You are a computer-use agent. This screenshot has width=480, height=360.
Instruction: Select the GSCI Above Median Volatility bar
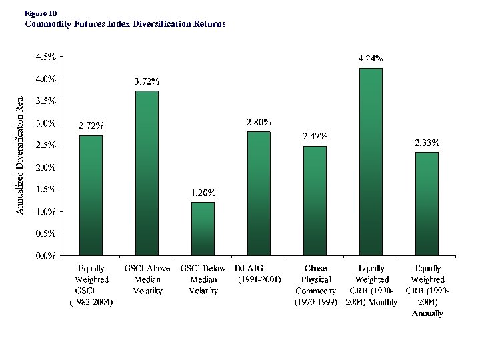tap(147, 173)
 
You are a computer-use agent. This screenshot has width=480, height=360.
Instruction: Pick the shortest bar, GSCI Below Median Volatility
tap(203, 229)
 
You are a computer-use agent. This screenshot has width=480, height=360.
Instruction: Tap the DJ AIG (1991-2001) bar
tap(259, 193)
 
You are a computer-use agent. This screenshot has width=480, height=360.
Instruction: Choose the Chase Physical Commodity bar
tap(315, 201)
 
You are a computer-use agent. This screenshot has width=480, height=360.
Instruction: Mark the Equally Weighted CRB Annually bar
tap(427, 203)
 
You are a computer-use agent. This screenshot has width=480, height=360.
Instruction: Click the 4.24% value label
tap(371, 59)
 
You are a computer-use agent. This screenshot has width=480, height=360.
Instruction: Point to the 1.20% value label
tap(203, 193)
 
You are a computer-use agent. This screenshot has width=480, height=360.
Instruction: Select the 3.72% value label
tap(147, 81)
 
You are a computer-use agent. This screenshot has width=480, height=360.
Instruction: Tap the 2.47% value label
tap(315, 136)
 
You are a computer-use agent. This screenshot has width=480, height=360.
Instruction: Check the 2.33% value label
tap(427, 143)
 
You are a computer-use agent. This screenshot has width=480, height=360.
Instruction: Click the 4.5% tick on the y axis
tap(45, 57)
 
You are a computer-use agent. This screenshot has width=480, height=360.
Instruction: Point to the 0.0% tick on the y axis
tap(45, 255)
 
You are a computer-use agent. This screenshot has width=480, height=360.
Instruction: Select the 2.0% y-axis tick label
tap(45, 167)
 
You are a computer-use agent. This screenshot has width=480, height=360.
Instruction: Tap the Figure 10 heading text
tap(41, 13)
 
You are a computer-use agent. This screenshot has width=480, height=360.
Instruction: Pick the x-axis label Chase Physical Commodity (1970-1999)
tap(315, 285)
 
